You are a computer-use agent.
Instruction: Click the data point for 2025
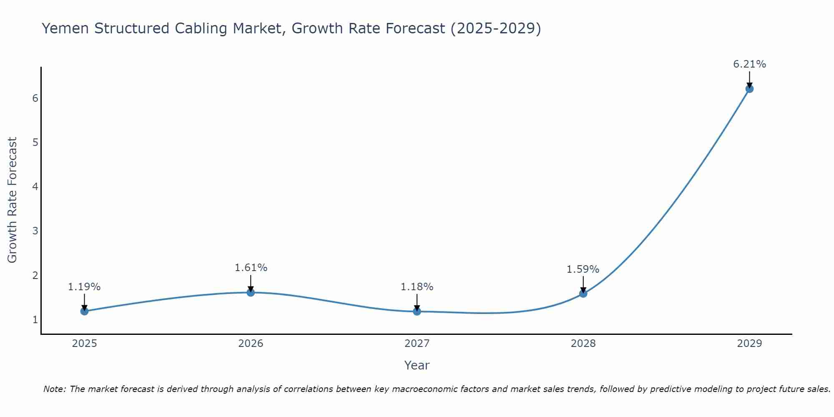[x=84, y=311]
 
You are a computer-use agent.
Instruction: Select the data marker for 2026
[x=251, y=292]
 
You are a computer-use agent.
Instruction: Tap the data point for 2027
[x=417, y=311]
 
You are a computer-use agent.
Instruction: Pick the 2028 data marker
[x=583, y=294]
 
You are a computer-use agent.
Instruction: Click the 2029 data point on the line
[x=749, y=89]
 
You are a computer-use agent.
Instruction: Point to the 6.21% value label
[x=749, y=64]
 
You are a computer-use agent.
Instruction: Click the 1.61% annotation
[x=251, y=268]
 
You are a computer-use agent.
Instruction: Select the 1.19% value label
[x=84, y=287]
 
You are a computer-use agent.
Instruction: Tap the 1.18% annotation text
[x=417, y=287]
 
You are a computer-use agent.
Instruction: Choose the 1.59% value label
[x=583, y=269]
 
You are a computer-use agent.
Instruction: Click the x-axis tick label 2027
[x=417, y=344]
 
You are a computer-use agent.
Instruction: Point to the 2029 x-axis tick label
[x=749, y=344]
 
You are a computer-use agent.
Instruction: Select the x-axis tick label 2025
[x=84, y=344]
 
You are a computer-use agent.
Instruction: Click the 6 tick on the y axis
[x=35, y=98]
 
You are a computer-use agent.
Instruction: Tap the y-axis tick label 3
[x=35, y=231]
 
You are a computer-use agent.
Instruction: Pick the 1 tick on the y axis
[x=35, y=320]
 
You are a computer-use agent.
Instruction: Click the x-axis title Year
[x=417, y=365]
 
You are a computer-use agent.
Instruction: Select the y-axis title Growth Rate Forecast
[x=13, y=200]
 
